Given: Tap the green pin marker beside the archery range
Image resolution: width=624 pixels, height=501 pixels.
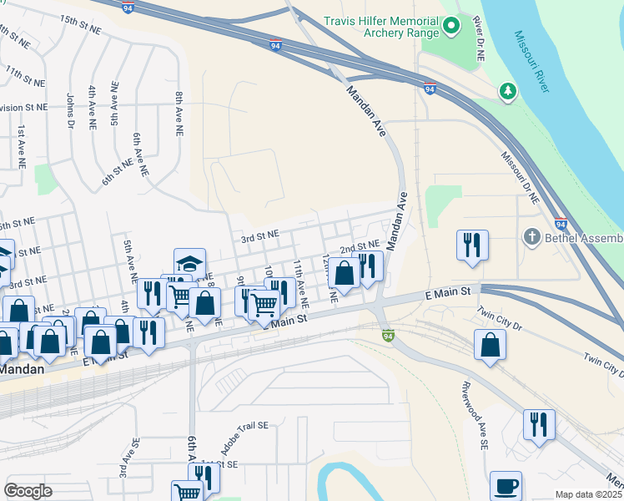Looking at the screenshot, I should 451,27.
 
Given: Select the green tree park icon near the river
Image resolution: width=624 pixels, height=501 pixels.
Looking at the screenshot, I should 506,89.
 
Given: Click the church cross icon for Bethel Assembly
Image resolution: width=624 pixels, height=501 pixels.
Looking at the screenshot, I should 531,237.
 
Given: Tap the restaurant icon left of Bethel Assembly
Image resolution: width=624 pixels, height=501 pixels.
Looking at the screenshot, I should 472,245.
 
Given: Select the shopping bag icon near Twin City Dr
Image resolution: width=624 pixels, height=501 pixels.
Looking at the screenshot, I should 490,344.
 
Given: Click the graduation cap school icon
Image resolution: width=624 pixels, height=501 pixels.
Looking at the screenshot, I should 189,263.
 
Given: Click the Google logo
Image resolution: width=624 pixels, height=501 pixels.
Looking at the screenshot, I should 28,490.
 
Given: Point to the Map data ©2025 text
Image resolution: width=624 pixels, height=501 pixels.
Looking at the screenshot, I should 588,494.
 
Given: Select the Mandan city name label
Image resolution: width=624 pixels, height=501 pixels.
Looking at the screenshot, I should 20,368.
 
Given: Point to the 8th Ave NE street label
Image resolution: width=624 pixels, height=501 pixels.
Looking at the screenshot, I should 179,114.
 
